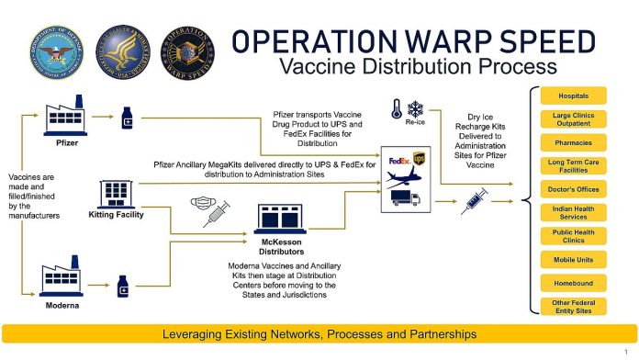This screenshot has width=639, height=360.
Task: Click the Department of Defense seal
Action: pos(57,52)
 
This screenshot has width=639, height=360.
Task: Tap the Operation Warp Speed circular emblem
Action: pos(187,52)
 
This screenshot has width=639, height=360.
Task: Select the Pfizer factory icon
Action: pos(65,116)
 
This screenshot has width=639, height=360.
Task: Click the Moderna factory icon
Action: pos(62,276)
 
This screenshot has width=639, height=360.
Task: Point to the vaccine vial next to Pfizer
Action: pos(127,118)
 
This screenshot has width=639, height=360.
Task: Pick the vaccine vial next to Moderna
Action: pos(123,287)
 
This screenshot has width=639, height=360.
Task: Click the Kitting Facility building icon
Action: pos(117,195)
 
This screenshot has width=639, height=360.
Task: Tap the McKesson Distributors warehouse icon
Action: pos(280,219)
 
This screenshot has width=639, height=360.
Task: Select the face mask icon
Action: pos(203,204)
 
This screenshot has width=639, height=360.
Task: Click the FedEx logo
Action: pos(399,161)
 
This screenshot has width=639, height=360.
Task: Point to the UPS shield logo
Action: pos(419,159)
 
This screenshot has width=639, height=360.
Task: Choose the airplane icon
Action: pos(404,177)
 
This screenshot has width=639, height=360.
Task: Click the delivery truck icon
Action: pos(406,198)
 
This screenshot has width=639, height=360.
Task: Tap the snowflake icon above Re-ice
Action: pos(415,109)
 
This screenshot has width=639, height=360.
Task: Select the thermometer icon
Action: pos(397,109)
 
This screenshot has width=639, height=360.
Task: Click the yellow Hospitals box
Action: pos(574,96)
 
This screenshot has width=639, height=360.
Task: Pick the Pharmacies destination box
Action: pos(574,142)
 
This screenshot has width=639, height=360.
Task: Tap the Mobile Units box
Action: pos(574,260)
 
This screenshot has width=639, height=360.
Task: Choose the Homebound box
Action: pos(574,283)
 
